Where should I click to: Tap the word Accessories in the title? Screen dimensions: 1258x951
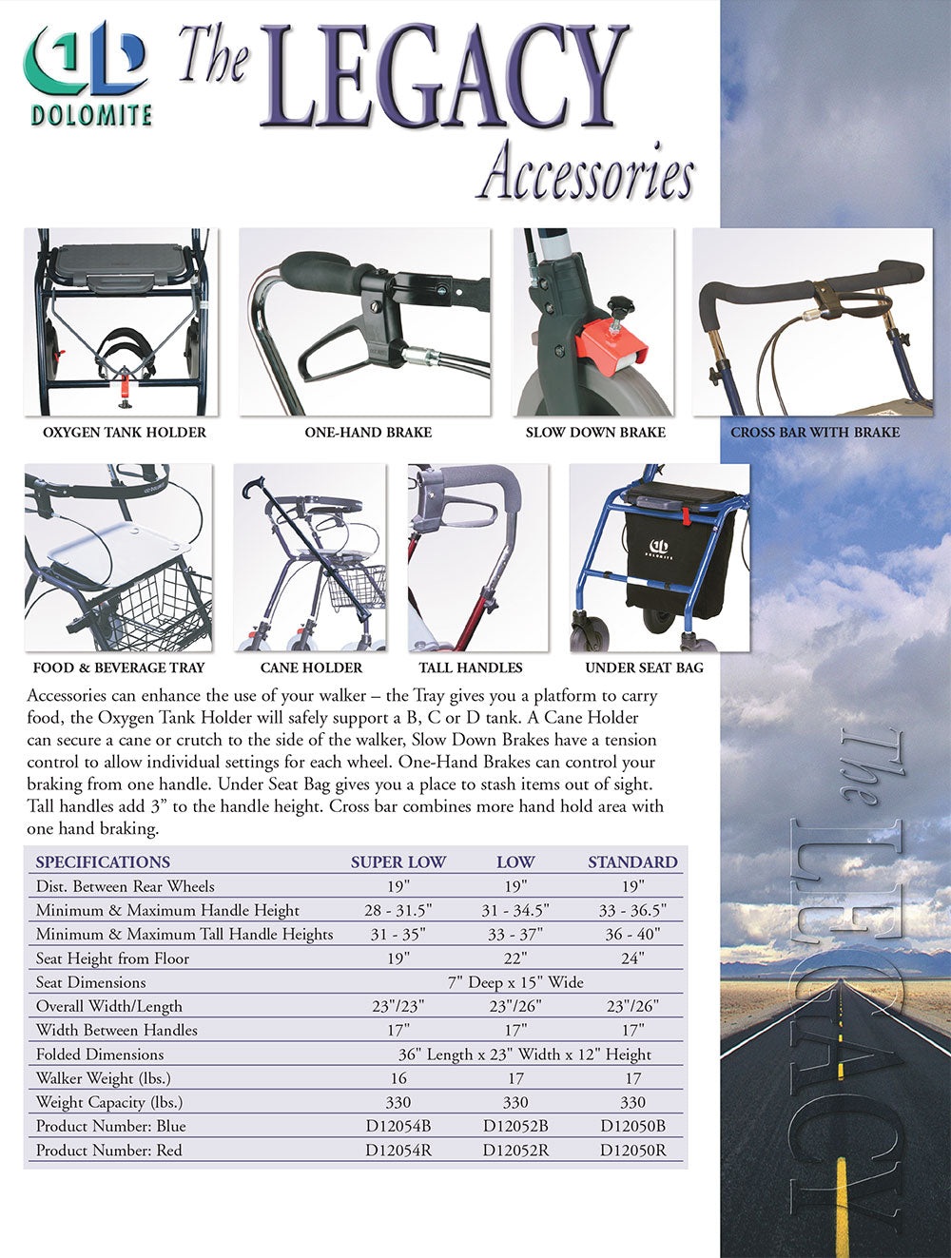pos(586,172)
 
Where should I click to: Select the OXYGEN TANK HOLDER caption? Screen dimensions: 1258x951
pos(125,433)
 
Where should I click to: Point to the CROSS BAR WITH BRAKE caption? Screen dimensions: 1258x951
pos(815,433)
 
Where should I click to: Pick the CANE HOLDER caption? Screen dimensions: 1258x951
pos(311,668)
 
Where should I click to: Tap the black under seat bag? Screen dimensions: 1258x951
pos(677,561)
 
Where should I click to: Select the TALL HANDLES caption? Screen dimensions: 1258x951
pos(471,668)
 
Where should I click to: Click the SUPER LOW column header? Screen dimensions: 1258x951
pos(398,862)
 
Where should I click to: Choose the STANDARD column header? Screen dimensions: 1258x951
pos(632,862)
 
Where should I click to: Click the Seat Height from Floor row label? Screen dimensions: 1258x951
pos(112,958)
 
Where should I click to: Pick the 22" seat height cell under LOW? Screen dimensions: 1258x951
pos(515,958)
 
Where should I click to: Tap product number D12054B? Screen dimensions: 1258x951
pos(398,1126)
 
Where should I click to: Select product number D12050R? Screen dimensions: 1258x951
pos(632,1151)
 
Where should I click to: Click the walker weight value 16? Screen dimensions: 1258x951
pos(398,1078)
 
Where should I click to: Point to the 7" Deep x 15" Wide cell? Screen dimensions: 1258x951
pos(515,982)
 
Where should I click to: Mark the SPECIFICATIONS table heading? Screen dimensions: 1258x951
pos(103,862)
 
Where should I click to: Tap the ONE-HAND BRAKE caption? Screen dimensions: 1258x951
pos(368,433)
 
